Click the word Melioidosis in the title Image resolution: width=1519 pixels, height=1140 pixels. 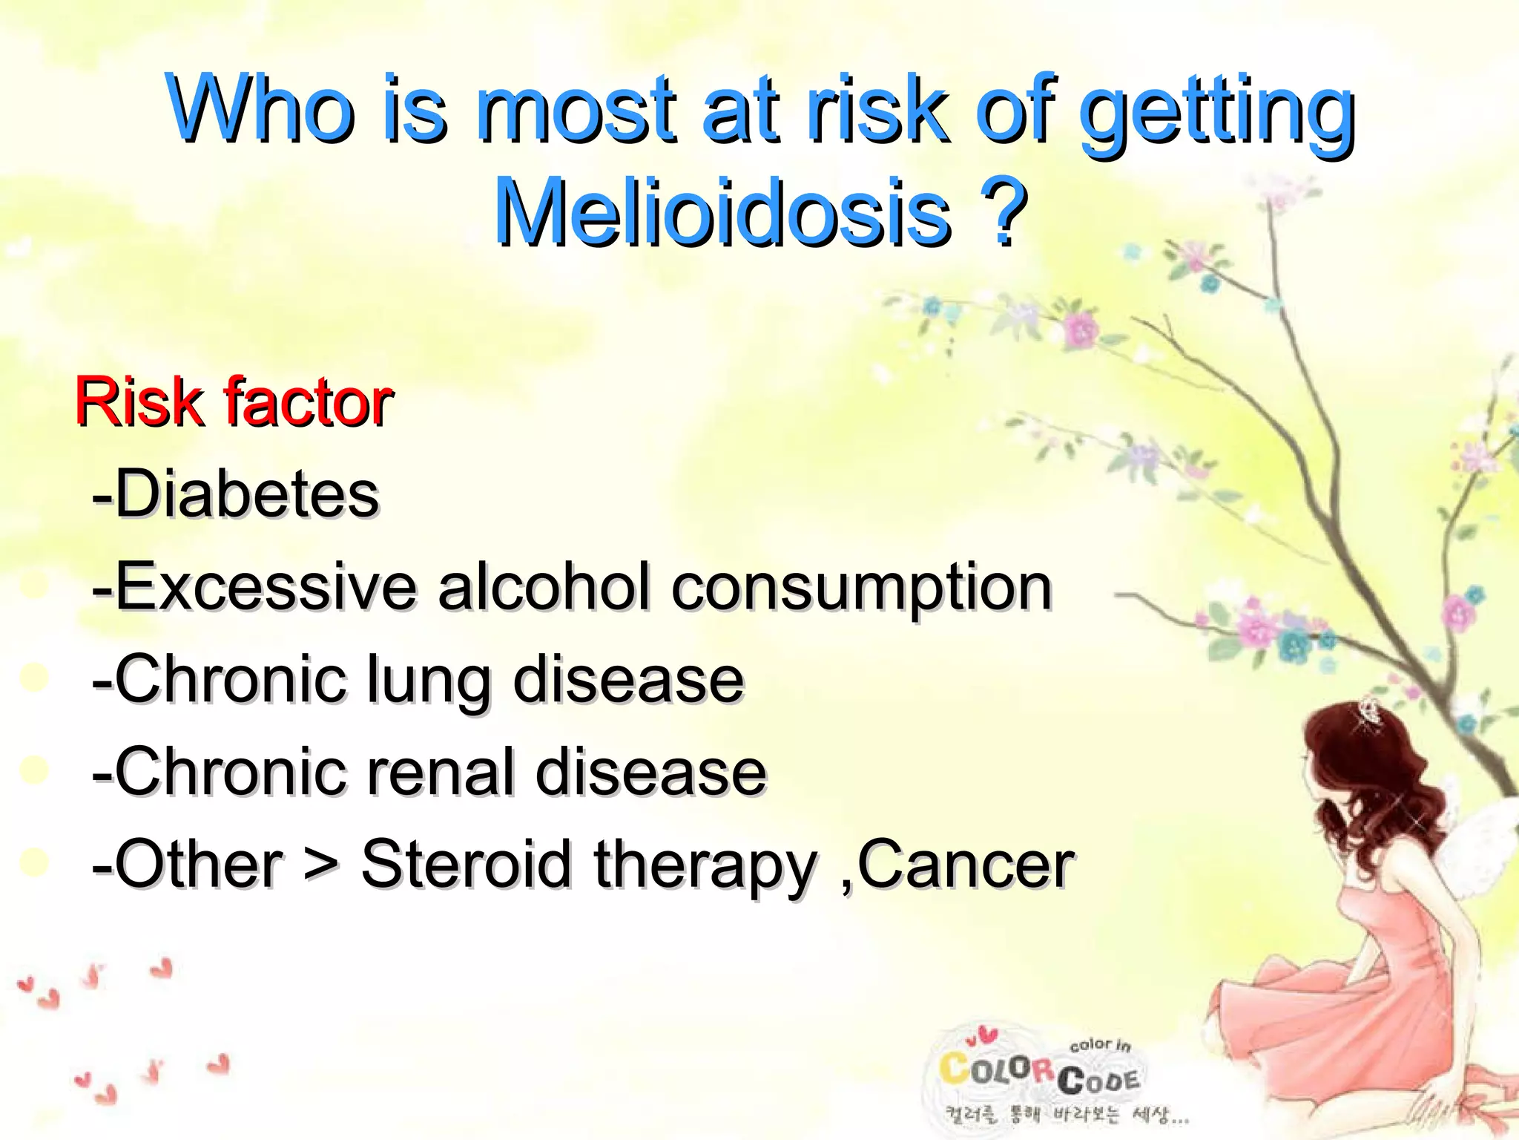pos(723,213)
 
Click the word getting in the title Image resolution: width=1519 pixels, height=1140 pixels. pos(1216,111)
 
